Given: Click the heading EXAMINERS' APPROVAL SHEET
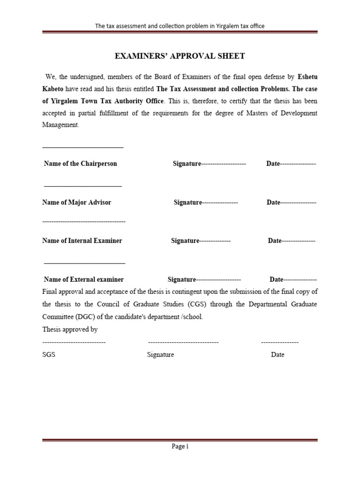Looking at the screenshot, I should tap(180, 56).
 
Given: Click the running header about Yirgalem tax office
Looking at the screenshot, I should tap(180, 26).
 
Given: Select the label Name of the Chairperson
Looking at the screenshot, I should tap(80, 164).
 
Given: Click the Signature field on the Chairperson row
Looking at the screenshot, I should tap(209, 164).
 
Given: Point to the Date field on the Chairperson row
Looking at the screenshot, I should tap(291, 164).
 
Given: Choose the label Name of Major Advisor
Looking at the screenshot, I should tap(77, 202).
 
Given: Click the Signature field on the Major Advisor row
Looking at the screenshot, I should tap(206, 202).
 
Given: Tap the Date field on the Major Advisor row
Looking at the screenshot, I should tap(292, 202).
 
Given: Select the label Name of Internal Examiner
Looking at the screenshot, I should tap(82, 240).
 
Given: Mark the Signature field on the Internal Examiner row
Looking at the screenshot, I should tap(201, 240).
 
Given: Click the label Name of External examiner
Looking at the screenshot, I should tap(83, 279).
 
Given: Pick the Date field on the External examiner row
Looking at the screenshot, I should tap(293, 279).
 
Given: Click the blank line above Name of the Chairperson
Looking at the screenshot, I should tap(83, 148).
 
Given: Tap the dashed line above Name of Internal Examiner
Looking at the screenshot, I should tap(84, 221).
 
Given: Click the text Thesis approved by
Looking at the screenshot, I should tap(70, 330).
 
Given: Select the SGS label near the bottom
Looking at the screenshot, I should tap(49, 355).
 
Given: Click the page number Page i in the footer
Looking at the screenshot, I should tap(180, 447).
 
